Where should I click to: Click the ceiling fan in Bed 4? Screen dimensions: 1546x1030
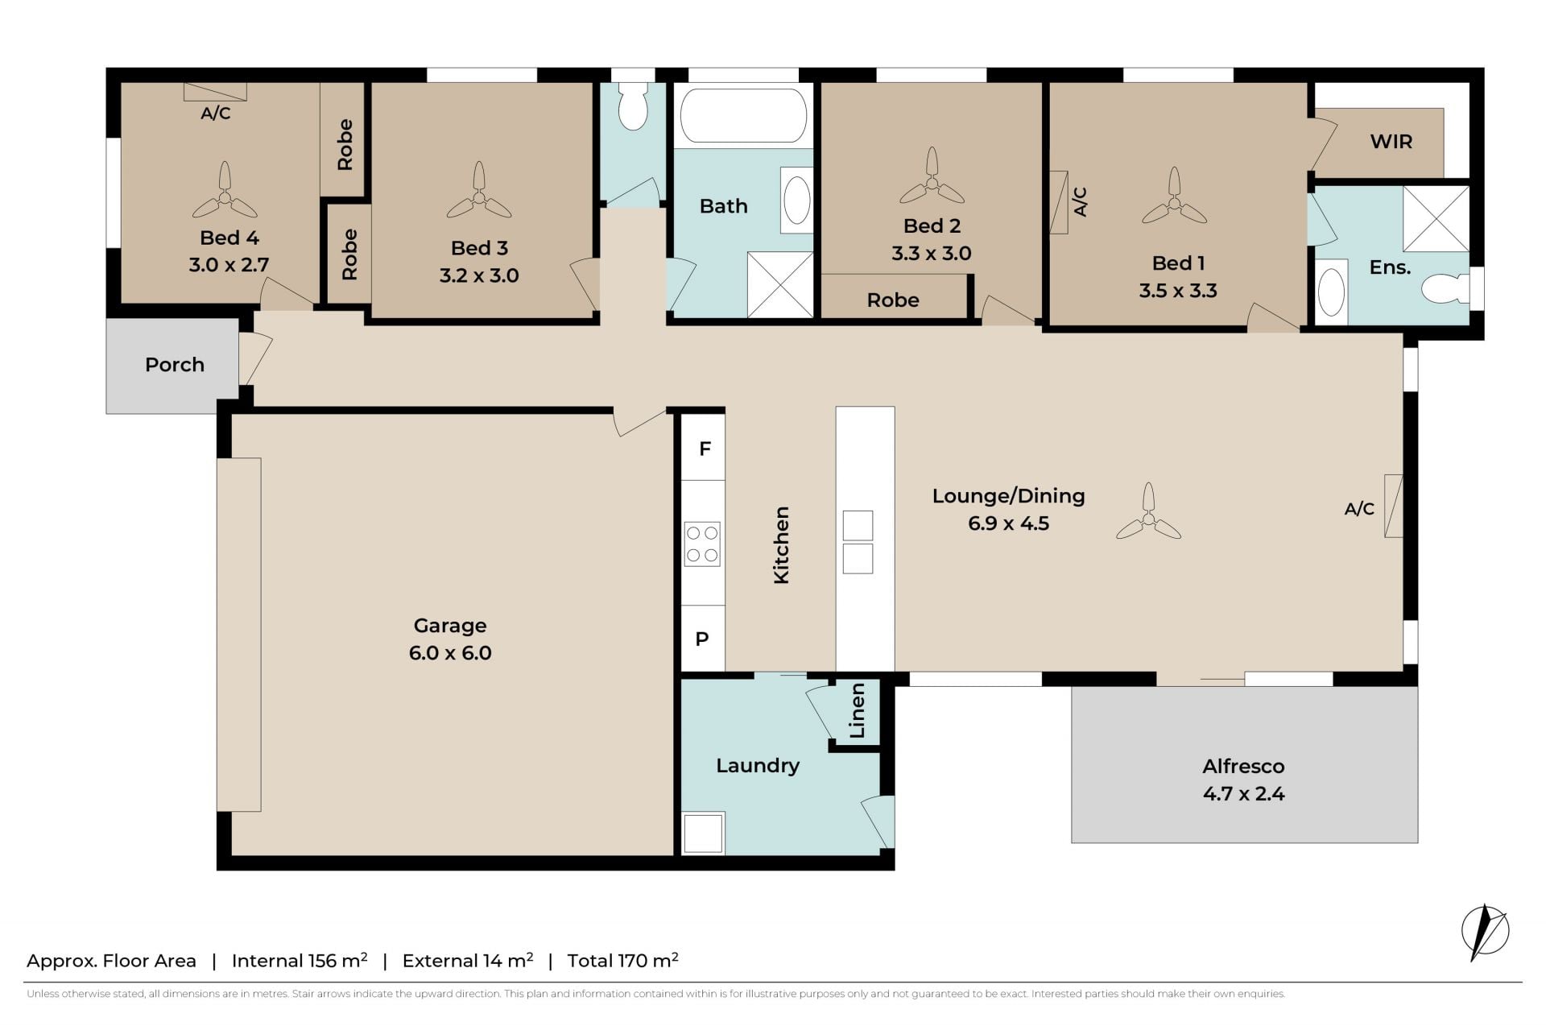225,194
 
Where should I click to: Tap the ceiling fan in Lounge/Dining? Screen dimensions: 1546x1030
1149,515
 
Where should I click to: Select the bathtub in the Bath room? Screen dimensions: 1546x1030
742,115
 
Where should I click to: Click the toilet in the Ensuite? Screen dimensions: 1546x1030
1446,288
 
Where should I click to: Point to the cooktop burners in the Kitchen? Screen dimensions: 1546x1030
702,544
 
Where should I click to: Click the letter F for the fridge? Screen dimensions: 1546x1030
705,449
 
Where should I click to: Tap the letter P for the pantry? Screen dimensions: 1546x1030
702,639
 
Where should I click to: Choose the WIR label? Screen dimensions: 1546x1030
1391,142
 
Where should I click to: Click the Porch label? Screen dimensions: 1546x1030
175,365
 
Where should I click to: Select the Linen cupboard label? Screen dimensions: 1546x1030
858,710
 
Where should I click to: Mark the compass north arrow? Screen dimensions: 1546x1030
1485,932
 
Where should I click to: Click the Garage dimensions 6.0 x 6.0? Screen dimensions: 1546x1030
450,652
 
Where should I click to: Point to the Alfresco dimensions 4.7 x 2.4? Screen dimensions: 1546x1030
1244,793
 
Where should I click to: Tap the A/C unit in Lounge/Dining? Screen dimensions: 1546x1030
1393,506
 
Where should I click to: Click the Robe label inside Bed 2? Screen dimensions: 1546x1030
893,300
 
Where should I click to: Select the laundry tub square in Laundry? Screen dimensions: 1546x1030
703,833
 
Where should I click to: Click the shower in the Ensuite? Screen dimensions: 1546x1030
1436,218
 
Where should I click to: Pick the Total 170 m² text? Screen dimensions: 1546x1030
623,960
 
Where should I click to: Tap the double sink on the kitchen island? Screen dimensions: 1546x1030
858,542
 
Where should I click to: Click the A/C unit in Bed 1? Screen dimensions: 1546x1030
1058,202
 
